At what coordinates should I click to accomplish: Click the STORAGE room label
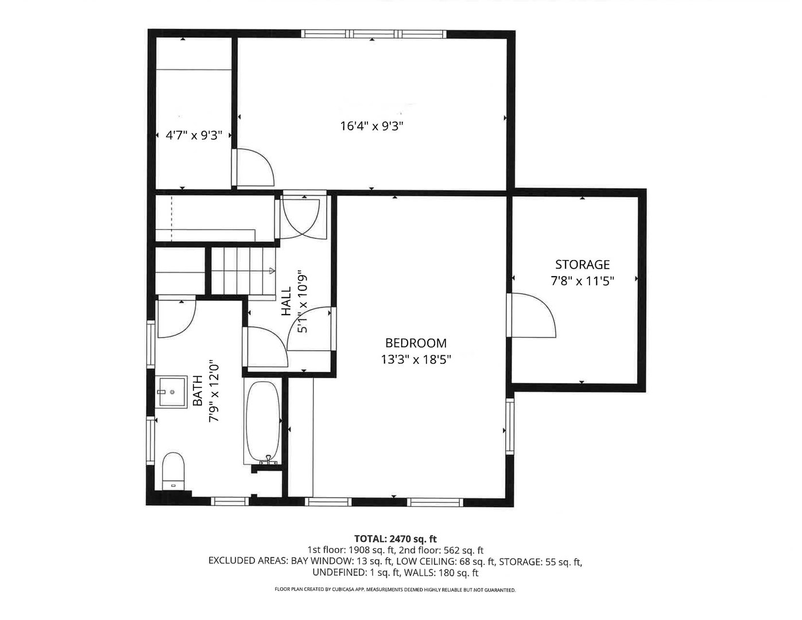tap(582, 265)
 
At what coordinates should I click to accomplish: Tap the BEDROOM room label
tap(416, 343)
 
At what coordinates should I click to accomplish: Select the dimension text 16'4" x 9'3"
tap(376, 126)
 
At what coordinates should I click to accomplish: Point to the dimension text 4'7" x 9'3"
tap(193, 135)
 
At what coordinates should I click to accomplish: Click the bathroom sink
tap(172, 392)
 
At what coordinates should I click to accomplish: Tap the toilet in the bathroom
tap(173, 470)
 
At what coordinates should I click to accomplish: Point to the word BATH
tap(197, 391)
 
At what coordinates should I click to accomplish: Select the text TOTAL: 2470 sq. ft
tap(396, 539)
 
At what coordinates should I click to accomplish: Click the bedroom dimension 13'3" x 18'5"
tap(416, 360)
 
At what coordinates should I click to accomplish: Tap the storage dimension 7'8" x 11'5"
tap(582, 281)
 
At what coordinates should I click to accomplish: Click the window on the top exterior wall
tap(374, 34)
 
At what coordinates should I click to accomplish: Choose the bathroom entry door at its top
tap(176, 319)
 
